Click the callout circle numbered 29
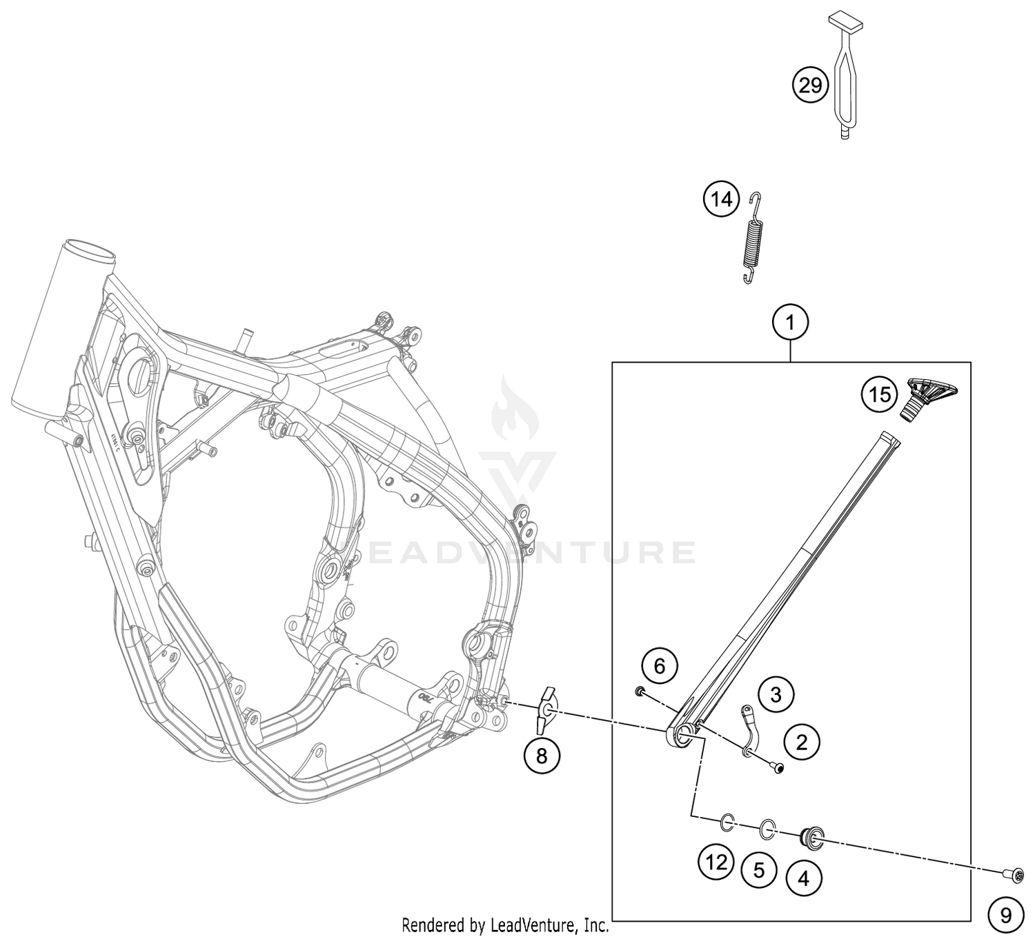pyautogui.click(x=811, y=85)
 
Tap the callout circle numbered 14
pyautogui.click(x=721, y=199)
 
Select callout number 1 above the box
pyautogui.click(x=790, y=323)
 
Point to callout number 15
pyautogui.click(x=880, y=395)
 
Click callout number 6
pyautogui.click(x=660, y=667)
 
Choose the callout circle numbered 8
pyautogui.click(x=541, y=756)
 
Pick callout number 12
pyautogui.click(x=716, y=862)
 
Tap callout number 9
pyautogui.click(x=1006, y=916)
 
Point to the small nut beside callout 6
pyautogui.click(x=639, y=691)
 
